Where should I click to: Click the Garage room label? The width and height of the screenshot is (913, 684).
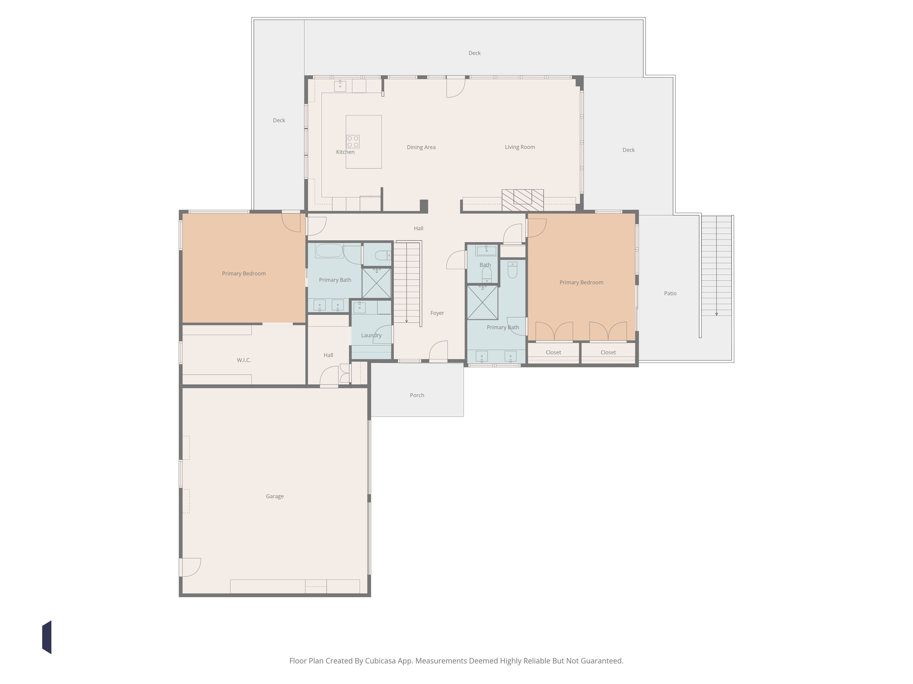coord(274,496)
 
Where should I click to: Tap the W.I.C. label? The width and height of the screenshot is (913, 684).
coord(244,360)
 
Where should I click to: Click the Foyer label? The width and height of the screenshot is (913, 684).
coord(437,313)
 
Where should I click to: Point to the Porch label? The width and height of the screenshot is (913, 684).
coord(417,395)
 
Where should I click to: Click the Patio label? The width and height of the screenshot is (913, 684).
coord(670,293)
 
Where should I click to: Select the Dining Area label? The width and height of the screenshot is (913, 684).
coord(421,147)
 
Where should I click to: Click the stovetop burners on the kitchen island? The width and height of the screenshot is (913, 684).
coord(353,141)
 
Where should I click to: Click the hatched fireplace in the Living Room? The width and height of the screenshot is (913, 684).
coord(522,200)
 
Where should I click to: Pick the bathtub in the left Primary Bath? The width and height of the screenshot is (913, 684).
coord(329,251)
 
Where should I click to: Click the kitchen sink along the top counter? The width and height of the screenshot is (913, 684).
coord(340,86)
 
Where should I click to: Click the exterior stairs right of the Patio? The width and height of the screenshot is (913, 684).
coord(716,266)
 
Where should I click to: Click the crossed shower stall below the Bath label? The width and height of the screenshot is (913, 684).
coord(482,302)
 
